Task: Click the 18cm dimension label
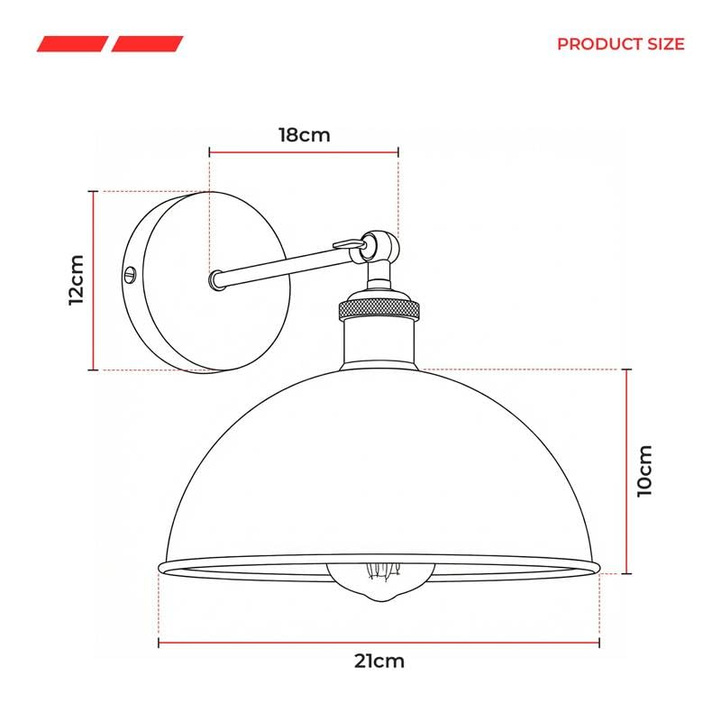click(305, 135)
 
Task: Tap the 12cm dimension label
click(77, 280)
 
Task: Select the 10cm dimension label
click(644, 470)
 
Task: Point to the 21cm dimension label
click(379, 662)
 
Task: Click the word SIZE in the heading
click(666, 44)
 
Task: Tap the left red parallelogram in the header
click(73, 44)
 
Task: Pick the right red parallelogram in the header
click(147, 44)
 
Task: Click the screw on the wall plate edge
click(130, 275)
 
